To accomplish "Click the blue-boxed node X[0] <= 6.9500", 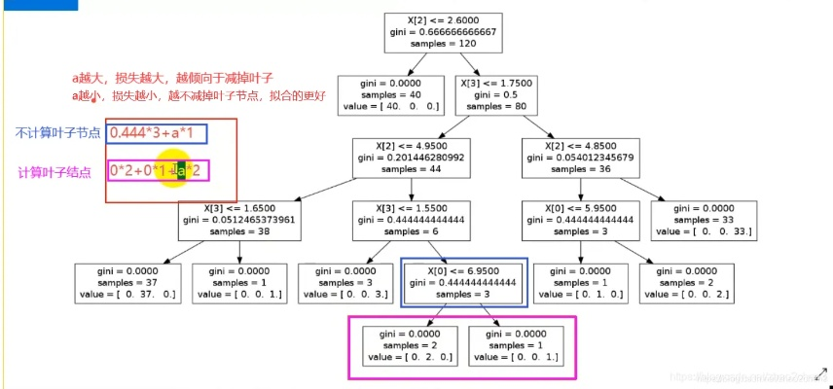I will (464, 282).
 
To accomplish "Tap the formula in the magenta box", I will (158, 171).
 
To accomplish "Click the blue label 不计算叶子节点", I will (57, 133).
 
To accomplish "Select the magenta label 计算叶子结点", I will (54, 172).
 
